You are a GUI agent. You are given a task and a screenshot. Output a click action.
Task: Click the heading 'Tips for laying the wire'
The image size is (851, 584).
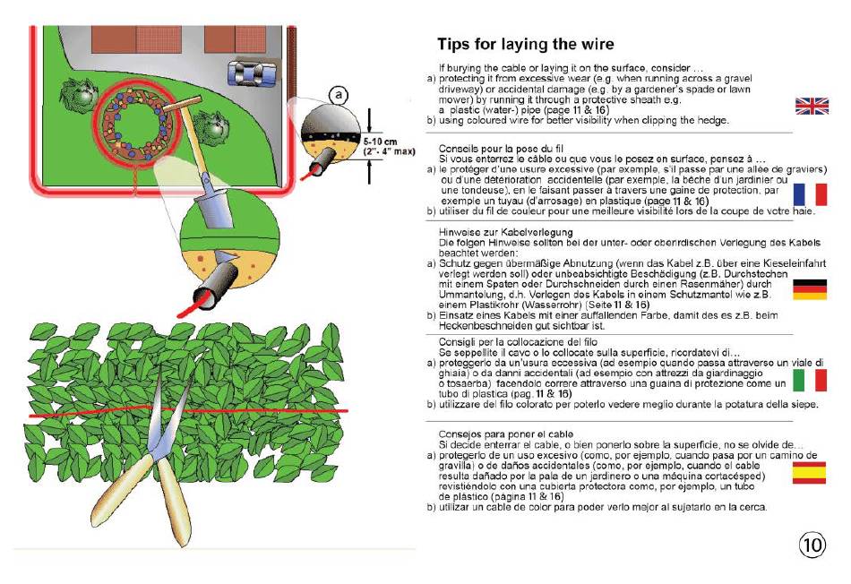525,44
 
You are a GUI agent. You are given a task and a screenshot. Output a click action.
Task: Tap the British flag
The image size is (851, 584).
812,106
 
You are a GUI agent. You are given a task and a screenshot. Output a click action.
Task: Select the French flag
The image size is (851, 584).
810,194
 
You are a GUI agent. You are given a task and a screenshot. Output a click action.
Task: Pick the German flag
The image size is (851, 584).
810,289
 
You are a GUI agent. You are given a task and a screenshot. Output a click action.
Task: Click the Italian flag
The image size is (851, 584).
810,380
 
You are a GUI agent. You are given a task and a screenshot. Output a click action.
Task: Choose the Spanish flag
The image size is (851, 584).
809,472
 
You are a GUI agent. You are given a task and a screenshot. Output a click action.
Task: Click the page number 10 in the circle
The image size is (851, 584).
812,545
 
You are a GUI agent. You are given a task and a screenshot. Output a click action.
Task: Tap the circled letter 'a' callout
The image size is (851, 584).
339,96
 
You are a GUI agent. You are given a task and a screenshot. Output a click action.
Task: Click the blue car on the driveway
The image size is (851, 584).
252,73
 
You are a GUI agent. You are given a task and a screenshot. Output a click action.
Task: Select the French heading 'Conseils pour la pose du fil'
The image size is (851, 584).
501,149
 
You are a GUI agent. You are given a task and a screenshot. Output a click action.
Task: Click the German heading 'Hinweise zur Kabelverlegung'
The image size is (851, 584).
506,232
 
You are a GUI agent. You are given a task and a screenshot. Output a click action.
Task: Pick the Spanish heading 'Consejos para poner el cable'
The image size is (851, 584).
506,434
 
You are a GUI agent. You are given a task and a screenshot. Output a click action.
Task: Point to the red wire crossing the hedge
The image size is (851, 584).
187,411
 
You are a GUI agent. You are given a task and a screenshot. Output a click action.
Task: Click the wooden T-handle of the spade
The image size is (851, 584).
183,104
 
